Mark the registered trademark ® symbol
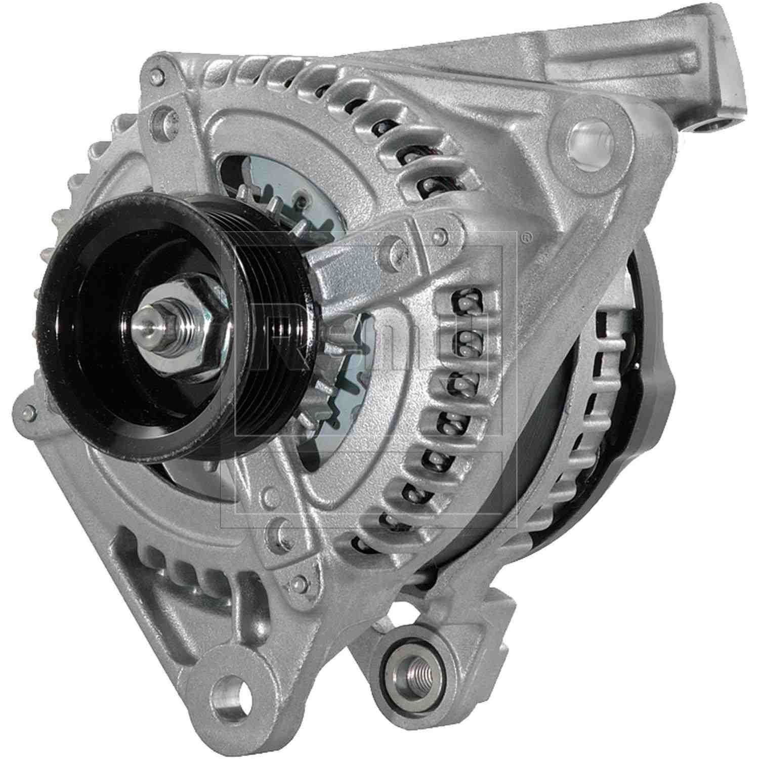527,236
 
